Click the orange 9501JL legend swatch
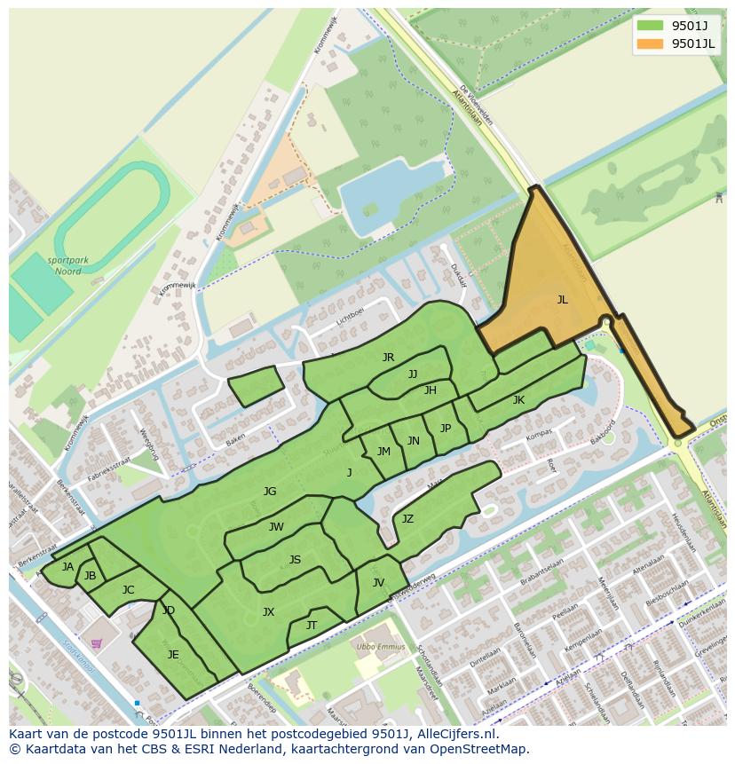pyautogui.click(x=650, y=44)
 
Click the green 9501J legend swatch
pyautogui.click(x=650, y=25)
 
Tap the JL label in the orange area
pyautogui.click(x=562, y=300)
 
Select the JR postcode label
pyautogui.click(x=388, y=358)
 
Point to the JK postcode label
pyautogui.click(x=518, y=400)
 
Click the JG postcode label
pyautogui.click(x=270, y=491)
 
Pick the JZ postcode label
pyautogui.click(x=407, y=519)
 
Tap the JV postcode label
pyautogui.click(x=378, y=583)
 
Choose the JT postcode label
pyautogui.click(x=312, y=626)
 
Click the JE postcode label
pyautogui.click(x=173, y=655)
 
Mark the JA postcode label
pyautogui.click(x=67, y=567)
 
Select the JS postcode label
pyautogui.click(x=295, y=559)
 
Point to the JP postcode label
pyautogui.click(x=446, y=429)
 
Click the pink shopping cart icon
pyautogui.click(x=96, y=643)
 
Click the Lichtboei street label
pyautogui.click(x=351, y=314)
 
